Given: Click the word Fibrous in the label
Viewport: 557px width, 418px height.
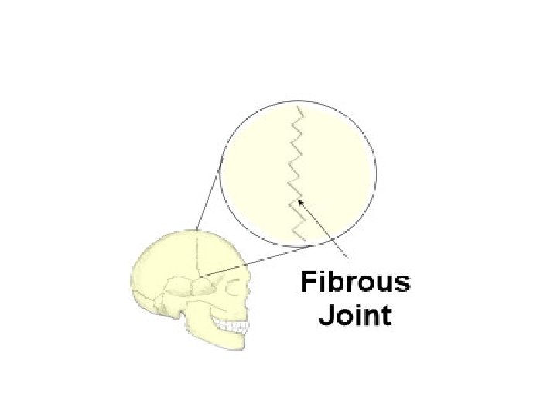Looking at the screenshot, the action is [355, 282].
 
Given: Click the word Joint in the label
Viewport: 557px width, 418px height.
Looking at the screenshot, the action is [355, 315].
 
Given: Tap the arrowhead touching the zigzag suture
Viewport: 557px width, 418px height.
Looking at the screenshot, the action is [301, 203].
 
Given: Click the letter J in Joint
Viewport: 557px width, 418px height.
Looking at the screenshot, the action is [324, 315].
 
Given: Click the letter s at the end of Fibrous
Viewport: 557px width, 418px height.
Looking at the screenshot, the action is [403, 283].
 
